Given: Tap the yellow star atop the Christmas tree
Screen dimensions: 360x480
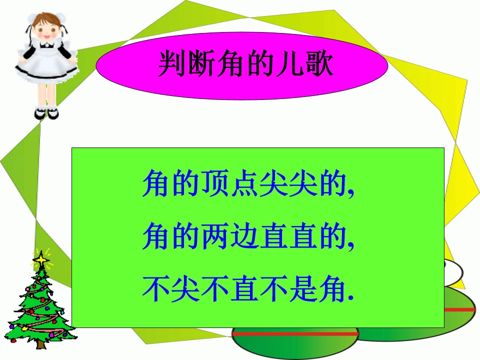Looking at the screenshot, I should (x=40, y=258).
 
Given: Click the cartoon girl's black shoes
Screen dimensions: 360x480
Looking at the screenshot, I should (x=46, y=113).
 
